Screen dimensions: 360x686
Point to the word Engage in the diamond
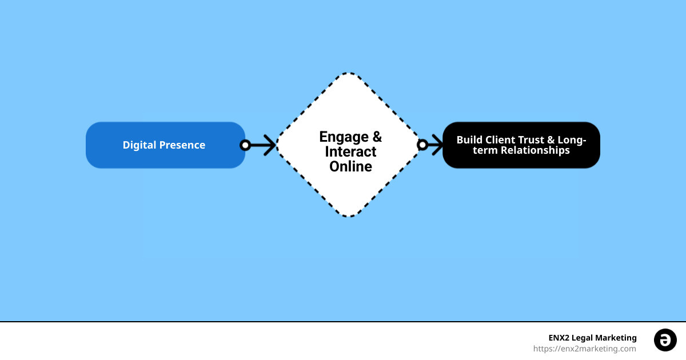point(344,137)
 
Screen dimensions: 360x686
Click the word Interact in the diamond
point(350,152)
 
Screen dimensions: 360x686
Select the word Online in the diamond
point(350,167)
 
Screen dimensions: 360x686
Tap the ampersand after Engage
point(377,137)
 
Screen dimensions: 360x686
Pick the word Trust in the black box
point(529,140)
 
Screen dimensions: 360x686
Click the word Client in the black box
point(497,140)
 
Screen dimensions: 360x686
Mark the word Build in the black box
point(469,140)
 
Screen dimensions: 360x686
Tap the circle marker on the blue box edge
point(245,145)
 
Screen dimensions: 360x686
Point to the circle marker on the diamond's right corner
point(422,145)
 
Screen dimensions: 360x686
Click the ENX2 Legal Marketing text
point(592,338)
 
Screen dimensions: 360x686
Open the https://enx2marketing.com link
point(584,349)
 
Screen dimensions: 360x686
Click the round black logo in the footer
point(665,340)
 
